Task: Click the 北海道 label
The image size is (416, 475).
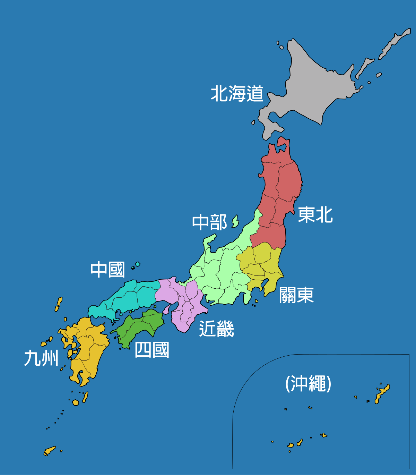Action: (x=237, y=94)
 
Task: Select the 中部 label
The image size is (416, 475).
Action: (x=209, y=222)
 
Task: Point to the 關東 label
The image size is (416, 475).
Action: (x=296, y=295)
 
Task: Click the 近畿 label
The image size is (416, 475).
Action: (x=216, y=329)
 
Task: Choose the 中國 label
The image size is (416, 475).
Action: (x=107, y=270)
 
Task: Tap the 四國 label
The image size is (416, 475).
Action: (x=152, y=350)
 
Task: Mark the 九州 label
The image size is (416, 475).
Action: (x=41, y=358)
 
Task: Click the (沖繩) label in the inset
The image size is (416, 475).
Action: (x=308, y=384)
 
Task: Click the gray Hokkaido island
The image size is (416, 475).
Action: (x=312, y=90)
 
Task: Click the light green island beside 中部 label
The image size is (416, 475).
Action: (x=236, y=221)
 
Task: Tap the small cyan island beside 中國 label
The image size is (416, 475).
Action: (x=138, y=264)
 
